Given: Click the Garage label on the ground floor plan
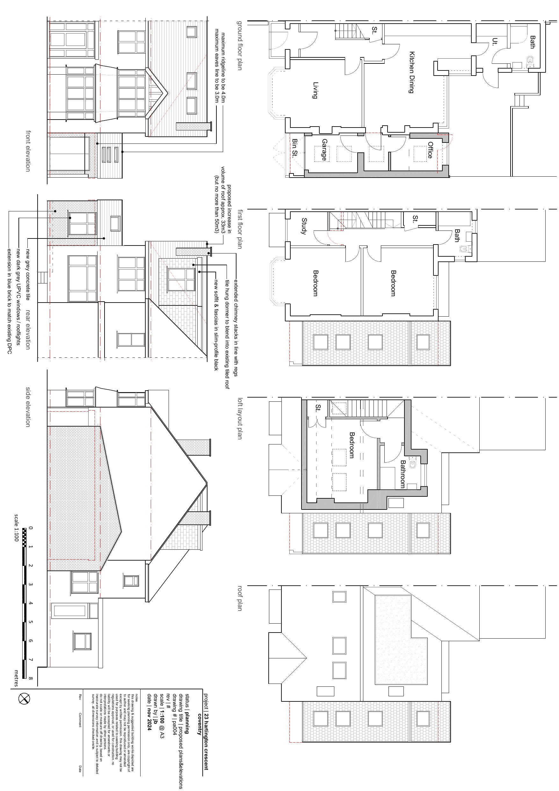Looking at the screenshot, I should (324, 150).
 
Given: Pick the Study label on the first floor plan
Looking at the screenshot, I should (304, 226).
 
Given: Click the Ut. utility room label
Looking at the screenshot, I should (495, 42).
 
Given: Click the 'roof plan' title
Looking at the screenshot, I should (240, 598).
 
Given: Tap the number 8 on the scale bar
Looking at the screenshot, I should (31, 678).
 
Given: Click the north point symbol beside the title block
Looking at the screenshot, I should (24, 699).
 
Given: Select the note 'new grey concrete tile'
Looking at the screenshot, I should (27, 275).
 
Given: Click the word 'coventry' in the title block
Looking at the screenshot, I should (199, 723).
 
